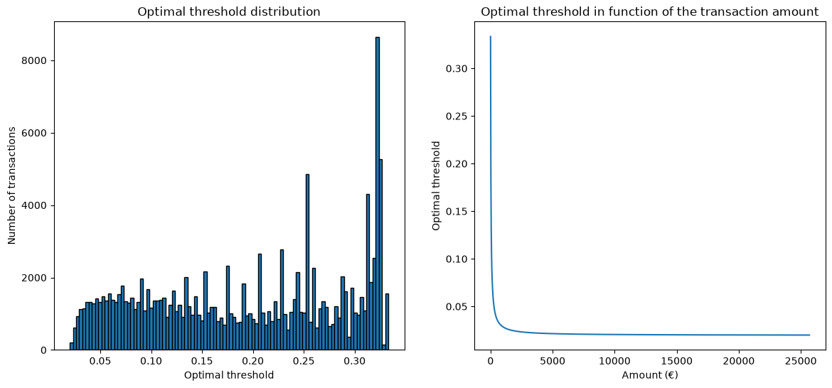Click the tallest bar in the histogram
pyautogui.click(x=378, y=193)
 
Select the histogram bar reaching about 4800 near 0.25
pyautogui.click(x=307, y=262)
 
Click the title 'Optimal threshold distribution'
pyautogui.click(x=229, y=11)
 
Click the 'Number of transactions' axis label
pyautogui.click(x=11, y=185)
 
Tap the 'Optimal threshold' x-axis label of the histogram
pyautogui.click(x=229, y=376)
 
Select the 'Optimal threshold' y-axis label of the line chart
pyautogui.click(x=436, y=185)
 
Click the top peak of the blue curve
pyautogui.click(x=490, y=36)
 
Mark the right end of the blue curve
pyautogui.click(x=810, y=335)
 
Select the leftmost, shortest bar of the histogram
pyautogui.click(x=71, y=346)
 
